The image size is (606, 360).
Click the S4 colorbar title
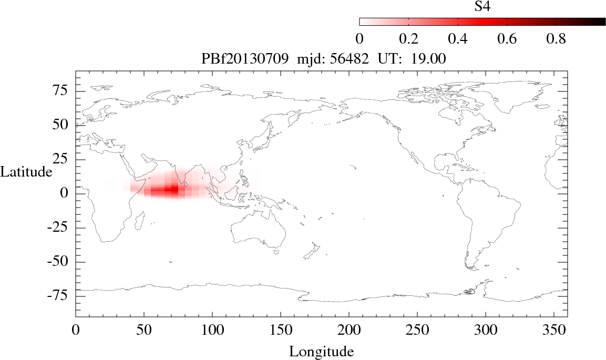pos(482,6)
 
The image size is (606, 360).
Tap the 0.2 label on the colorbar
pos(408,39)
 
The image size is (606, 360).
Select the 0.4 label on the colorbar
pos(458,39)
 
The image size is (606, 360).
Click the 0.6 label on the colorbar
pos(507,39)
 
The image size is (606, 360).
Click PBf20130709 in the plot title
pos(244,59)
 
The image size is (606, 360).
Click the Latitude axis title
pos(26,172)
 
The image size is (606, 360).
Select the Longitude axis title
pos(321,351)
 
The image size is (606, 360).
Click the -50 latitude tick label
pos(60,262)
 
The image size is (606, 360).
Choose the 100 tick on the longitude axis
pos(212,331)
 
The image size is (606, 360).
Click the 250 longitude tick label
pos(417,331)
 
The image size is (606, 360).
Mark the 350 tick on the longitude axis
pos(553,331)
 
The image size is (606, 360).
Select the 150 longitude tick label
pos(280,331)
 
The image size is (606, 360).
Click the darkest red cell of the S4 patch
pos(174,190)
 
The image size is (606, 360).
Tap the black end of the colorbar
pos(601,22)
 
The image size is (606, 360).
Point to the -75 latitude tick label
pos(60,296)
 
